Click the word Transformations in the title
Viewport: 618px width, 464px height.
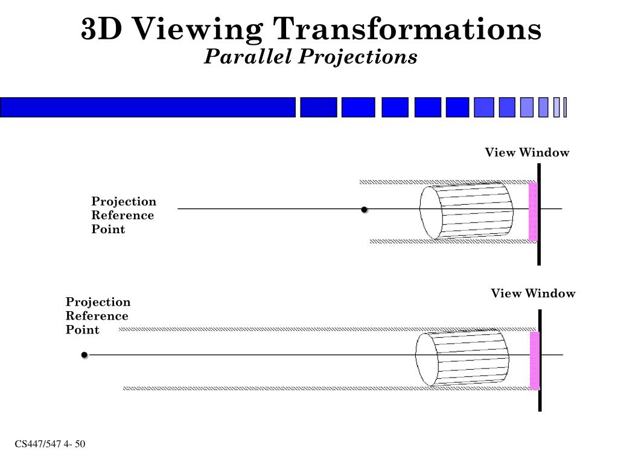407,29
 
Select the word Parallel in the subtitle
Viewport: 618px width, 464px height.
248,56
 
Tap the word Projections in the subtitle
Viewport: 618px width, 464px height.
357,56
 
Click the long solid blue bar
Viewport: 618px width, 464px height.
148,108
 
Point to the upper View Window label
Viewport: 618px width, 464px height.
527,152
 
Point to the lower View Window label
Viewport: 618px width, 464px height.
533,293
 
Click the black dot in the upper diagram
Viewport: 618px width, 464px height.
364,210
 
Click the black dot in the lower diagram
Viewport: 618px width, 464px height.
84,355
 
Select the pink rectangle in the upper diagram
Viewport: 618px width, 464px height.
533,212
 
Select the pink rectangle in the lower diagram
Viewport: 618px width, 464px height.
535,361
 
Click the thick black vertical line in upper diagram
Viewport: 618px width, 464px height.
539,214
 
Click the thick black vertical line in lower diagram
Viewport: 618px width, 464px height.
540,360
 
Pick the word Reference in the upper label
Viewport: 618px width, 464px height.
123,215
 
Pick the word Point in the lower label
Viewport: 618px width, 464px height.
82,329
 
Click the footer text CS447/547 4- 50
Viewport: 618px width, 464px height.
50,444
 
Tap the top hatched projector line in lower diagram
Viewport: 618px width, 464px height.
328,329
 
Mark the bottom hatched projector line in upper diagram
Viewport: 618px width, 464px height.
453,242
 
